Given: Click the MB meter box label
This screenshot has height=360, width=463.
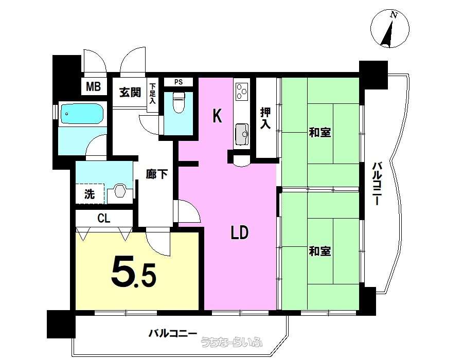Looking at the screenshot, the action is tap(93, 87).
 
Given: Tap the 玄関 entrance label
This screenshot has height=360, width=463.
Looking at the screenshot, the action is tap(130, 93).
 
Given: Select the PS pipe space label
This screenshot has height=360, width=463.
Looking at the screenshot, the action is tap(179, 82).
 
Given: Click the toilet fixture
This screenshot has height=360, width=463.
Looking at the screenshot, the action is tap(179, 102).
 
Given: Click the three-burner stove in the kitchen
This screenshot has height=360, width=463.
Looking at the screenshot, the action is tap(242, 92).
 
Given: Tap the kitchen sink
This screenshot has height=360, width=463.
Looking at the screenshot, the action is tap(242, 135).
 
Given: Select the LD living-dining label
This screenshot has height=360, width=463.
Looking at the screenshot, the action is tap(239, 233).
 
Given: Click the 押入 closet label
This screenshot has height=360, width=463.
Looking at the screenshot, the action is tap(265, 118).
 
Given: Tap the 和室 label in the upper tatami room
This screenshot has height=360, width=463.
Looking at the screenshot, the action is tap(320, 132).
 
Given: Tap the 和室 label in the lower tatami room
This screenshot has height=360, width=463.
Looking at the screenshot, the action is tap(320, 251).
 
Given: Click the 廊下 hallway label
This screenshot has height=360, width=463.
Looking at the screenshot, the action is tap(157, 174).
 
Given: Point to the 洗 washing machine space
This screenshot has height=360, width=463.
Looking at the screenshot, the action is tap(90, 194).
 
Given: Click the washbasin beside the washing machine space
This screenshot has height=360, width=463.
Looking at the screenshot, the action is tap(119, 191).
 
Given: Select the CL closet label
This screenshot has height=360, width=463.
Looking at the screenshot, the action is tap(104, 219).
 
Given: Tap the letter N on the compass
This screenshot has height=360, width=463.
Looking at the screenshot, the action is tap(393, 15).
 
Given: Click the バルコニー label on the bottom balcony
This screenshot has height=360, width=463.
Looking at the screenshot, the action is tap(172, 334).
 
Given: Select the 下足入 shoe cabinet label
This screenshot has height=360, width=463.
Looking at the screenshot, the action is tap(152, 94).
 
